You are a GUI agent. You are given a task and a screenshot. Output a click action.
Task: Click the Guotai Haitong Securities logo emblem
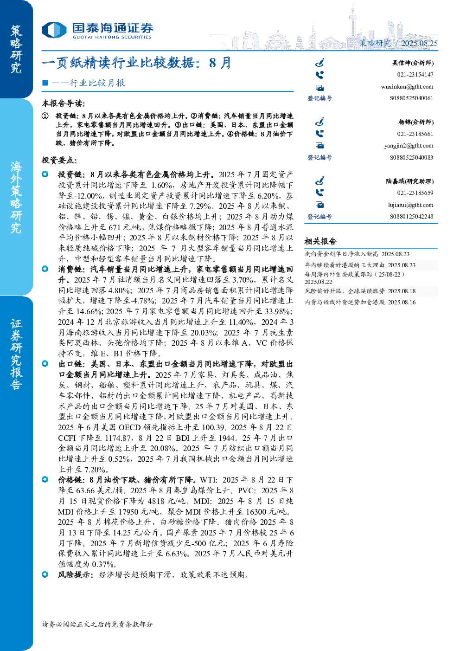tap(54, 30)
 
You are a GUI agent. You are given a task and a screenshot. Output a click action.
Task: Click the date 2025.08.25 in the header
tap(419, 43)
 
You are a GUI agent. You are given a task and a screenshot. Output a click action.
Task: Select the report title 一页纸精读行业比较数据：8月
tap(136, 63)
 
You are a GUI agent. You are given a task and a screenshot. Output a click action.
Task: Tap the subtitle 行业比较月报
tap(97, 83)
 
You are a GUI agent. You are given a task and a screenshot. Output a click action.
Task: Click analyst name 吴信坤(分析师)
tap(413, 63)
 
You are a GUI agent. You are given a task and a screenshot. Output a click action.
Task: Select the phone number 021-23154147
tap(415, 75)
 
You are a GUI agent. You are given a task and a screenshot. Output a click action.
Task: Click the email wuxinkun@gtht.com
tap(407, 87)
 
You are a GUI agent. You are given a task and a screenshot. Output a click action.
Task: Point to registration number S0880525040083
tap(411, 157)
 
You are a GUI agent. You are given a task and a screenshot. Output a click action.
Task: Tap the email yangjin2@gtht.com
tap(409, 146)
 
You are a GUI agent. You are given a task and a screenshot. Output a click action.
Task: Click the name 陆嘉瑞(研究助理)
tap(410, 181)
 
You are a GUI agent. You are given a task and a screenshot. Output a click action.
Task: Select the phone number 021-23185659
tap(415, 193)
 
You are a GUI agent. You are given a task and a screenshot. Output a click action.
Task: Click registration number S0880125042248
tap(411, 217)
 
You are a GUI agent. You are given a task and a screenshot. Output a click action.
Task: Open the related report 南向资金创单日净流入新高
tap(341, 254)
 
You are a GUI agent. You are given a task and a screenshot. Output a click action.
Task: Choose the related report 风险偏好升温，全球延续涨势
tap(345, 291)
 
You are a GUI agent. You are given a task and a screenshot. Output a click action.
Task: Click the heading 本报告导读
tap(64, 103)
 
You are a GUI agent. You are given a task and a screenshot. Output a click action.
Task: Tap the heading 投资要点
tap(59, 160)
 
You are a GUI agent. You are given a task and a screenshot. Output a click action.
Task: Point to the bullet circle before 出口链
tap(45, 364)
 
